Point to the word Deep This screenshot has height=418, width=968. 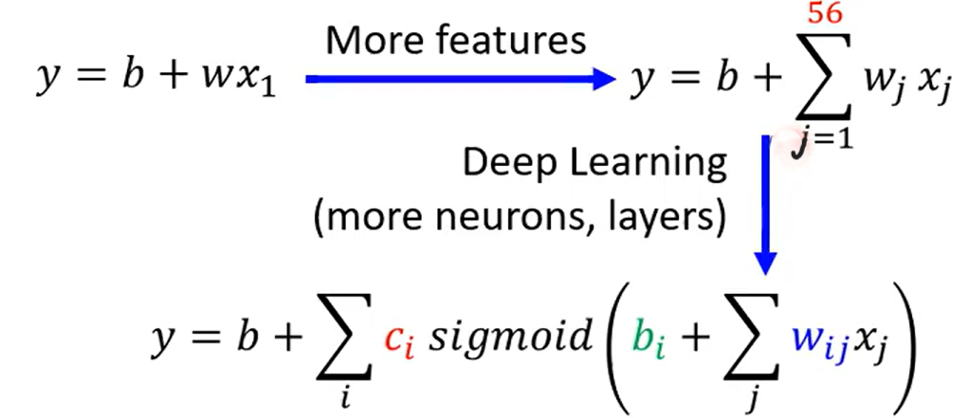tap(502, 164)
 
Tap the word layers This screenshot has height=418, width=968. tap(663, 221)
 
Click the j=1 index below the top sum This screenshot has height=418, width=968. tap(824, 143)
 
